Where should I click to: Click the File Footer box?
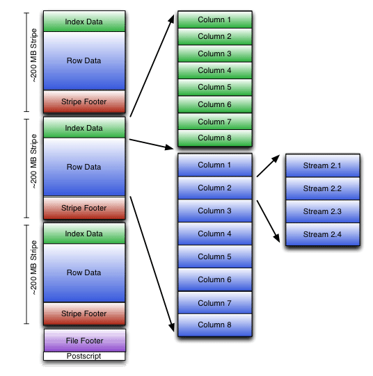(x=85, y=341)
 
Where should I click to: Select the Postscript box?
(x=84, y=356)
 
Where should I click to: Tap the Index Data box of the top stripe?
(x=84, y=21)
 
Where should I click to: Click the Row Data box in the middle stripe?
(x=84, y=167)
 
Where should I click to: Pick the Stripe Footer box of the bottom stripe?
(x=84, y=313)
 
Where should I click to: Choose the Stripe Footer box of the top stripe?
(x=84, y=101)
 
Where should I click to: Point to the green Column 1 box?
(x=215, y=19)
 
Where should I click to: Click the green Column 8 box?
(x=215, y=138)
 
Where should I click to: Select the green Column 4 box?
(x=215, y=70)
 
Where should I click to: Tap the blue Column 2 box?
(x=215, y=188)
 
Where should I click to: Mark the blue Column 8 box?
(x=215, y=325)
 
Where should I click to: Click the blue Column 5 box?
(x=215, y=256)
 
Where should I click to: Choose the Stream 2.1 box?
(x=323, y=165)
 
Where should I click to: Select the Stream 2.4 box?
(x=323, y=234)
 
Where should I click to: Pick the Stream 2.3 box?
(x=323, y=211)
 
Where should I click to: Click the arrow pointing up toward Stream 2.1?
(x=268, y=165)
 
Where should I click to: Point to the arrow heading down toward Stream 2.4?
(x=269, y=221)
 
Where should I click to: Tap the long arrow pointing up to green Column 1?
(x=152, y=66)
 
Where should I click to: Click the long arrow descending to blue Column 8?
(x=152, y=264)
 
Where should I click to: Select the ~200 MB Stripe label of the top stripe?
(x=33, y=56)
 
